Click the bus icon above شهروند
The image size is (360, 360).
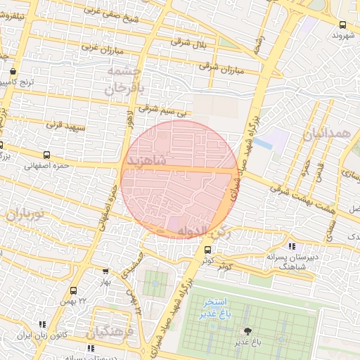pyautogui.click(x=342, y=23)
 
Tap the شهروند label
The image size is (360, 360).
pyautogui.click(x=345, y=34)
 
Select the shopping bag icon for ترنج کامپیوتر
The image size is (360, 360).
pyautogui.click(x=13, y=71)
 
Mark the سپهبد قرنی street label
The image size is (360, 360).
pyautogui.click(x=65, y=127)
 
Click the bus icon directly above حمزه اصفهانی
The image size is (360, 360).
pyautogui.click(x=47, y=155)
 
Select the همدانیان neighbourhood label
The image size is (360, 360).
pyautogui.click(x=328, y=133)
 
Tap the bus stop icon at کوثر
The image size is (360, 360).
pyautogui.click(x=207, y=250)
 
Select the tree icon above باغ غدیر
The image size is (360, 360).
pyautogui.click(x=247, y=330)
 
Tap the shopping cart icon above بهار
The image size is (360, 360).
pyautogui.click(x=105, y=271)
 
